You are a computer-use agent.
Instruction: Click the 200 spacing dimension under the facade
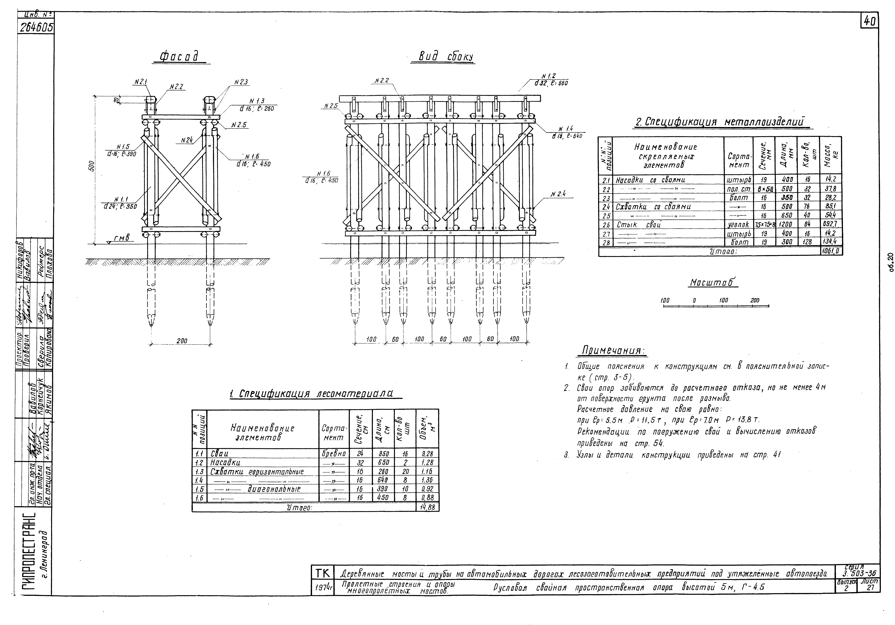pos(182,341)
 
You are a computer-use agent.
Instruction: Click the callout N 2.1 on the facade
pos(140,82)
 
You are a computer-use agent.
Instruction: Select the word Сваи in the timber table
pos(219,453)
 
